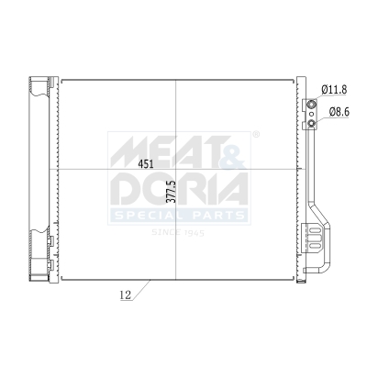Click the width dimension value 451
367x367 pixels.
click(145, 164)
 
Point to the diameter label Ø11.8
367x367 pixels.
click(334, 90)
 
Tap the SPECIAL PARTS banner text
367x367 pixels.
click(179, 216)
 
